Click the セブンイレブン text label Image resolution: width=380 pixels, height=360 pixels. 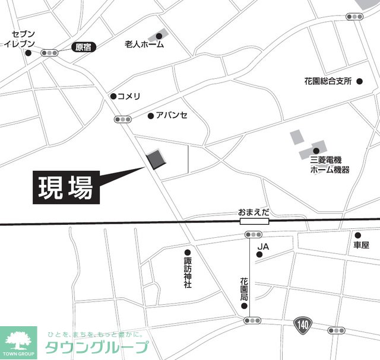click(20, 39)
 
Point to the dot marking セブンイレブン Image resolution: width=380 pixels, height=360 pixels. click(28, 53)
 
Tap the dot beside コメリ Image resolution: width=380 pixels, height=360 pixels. click(113, 96)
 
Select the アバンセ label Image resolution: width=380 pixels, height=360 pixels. click(172, 116)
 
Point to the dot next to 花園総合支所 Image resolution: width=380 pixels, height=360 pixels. click(360, 81)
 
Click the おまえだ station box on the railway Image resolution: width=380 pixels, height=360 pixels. click(254, 221)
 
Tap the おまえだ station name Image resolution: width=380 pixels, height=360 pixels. click(254, 212)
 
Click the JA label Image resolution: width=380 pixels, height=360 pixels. click(264, 246)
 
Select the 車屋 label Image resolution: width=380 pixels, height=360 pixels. click(361, 245)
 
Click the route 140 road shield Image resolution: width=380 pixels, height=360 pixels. click(301, 324)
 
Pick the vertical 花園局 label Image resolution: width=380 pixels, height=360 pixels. click(244, 291)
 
